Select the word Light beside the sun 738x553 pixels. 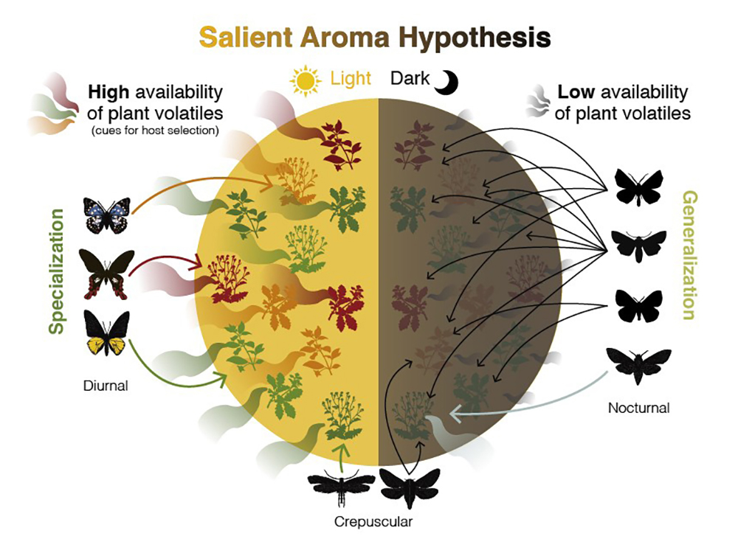pyautogui.click(x=351, y=79)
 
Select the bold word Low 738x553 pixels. pyautogui.click(x=576, y=93)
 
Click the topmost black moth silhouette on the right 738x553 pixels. pyautogui.click(x=639, y=187)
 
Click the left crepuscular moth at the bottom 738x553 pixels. pyautogui.click(x=341, y=487)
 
